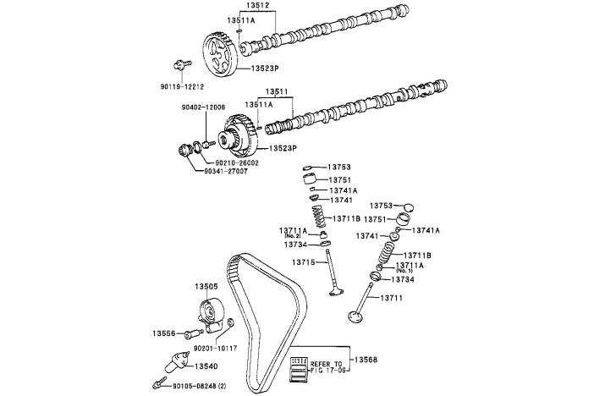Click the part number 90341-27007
coord(225,171)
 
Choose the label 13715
coord(305,262)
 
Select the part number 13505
coord(207,287)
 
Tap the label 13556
coord(165,333)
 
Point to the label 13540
coord(206,366)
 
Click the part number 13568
coord(366,360)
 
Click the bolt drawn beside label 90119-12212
coord(179,63)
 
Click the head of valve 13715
coord(339,294)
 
